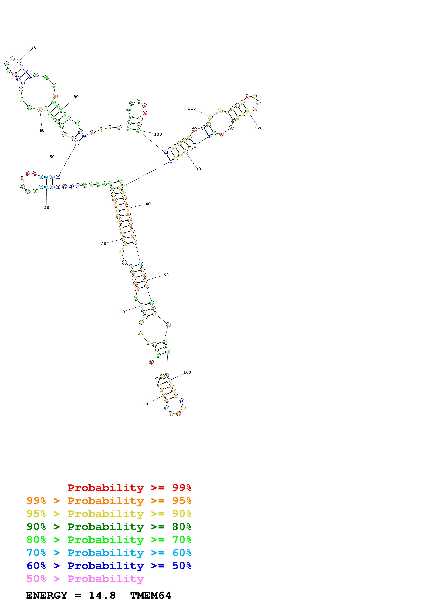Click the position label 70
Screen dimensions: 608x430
click(x=34, y=47)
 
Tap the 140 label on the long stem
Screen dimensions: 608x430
click(x=147, y=204)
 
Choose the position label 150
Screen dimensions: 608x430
click(x=165, y=275)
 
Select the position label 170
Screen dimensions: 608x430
click(x=146, y=404)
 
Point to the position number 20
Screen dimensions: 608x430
click(x=104, y=244)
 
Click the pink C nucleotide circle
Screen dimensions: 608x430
click(x=119, y=127)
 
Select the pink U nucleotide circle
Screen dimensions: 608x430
click(x=15, y=74)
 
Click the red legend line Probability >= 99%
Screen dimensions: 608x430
click(x=129, y=488)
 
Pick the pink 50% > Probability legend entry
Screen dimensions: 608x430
click(x=85, y=579)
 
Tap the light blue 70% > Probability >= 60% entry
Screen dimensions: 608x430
click(x=109, y=553)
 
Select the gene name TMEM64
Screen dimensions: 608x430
click(x=151, y=596)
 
